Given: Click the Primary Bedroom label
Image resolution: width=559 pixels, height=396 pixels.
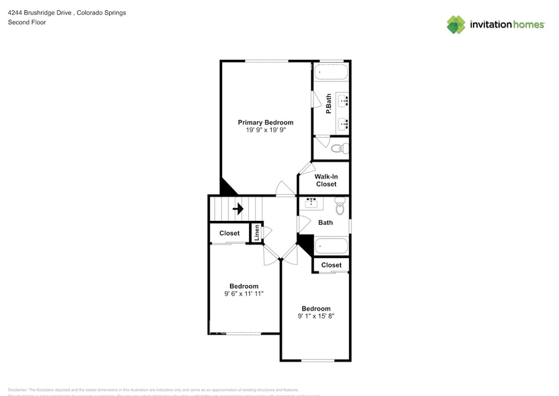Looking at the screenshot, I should tap(266, 123).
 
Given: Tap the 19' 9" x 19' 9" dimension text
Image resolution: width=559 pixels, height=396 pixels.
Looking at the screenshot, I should tap(266, 131).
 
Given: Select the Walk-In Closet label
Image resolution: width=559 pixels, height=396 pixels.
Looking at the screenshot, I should tap(326, 180).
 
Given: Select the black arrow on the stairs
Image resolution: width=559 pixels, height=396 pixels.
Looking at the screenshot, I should tap(237, 209).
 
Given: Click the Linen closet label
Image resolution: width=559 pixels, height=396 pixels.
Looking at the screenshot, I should tap(256, 232).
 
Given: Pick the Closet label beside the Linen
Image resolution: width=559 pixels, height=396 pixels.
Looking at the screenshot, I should tap(229, 233).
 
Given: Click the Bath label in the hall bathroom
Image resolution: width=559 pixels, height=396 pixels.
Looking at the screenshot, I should tap(326, 223).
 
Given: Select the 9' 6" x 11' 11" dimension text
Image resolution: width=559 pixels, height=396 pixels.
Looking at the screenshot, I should tap(244, 294).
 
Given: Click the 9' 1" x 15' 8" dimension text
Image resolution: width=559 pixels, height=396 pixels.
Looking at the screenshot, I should tap(316, 316).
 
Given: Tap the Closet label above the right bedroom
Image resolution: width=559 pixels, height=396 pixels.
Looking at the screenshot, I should tap(331, 265).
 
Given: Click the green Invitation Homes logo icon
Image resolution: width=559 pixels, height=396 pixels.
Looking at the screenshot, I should tap(456, 25).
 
